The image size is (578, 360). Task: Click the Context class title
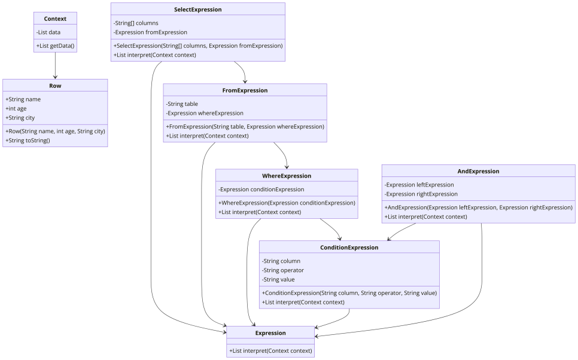(55, 19)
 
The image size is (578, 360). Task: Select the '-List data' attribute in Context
(48, 32)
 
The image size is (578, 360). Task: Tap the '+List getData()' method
(55, 45)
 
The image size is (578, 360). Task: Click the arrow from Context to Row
(55, 66)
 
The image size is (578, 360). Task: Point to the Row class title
(55, 86)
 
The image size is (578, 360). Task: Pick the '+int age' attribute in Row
(16, 109)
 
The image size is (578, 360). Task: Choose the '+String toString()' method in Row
(28, 141)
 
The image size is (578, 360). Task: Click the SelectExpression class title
(198, 10)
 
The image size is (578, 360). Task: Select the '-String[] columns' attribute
(136, 23)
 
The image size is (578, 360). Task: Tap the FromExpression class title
(245, 91)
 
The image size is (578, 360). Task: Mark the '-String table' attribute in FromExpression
(182, 104)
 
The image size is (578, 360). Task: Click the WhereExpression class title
(287, 176)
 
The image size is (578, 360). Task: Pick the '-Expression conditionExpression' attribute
(261, 190)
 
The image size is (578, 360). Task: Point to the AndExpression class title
(478, 172)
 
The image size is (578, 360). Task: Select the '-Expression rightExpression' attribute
(421, 194)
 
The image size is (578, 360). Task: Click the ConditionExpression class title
(349, 248)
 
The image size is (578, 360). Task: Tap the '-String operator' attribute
(283, 270)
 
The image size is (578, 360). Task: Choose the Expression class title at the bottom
(270, 333)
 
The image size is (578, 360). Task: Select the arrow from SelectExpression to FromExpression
(242, 70)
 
